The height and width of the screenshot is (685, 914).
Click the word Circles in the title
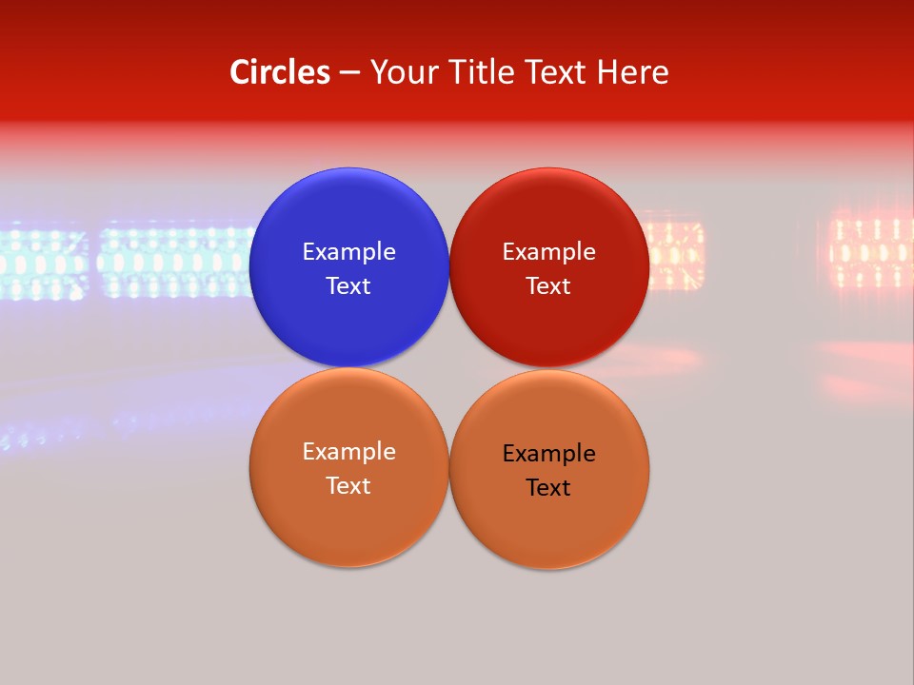pos(279,72)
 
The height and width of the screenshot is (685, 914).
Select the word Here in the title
pos(632,72)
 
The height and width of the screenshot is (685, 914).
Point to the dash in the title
pos(349,74)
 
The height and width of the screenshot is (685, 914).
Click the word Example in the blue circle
pos(348,252)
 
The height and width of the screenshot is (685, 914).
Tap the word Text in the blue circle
pos(348,286)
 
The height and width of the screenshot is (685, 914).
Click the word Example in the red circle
pos(548,252)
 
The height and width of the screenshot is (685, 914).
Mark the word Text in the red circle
pos(548,286)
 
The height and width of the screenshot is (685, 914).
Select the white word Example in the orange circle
pos(348,452)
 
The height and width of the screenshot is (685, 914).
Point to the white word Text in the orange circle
pos(348,486)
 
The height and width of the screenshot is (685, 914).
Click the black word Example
pos(548,454)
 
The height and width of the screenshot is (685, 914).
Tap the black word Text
pos(548,488)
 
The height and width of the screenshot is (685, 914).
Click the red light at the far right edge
pos(871,253)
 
